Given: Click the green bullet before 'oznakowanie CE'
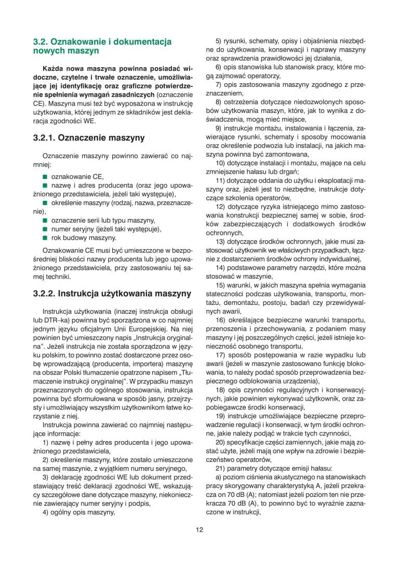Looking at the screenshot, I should click(x=45, y=177).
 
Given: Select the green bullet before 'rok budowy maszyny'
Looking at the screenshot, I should click(x=45, y=238).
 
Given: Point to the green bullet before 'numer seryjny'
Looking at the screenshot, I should click(x=45, y=229).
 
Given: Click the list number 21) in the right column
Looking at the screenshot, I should click(x=220, y=467).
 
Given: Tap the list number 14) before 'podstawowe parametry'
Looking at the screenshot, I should click(x=220, y=267).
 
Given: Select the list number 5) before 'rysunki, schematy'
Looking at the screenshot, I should click(x=219, y=40).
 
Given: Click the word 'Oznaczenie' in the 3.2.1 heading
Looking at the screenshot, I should click(x=82, y=138).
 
